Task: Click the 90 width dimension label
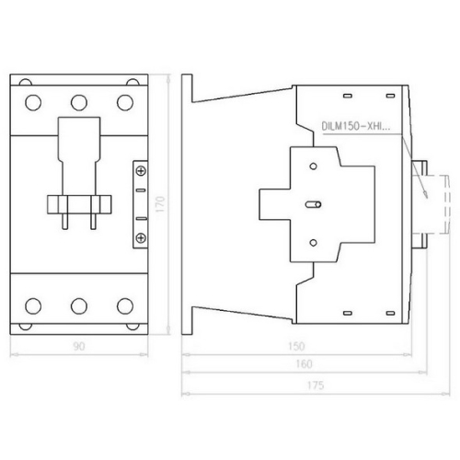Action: [79, 346]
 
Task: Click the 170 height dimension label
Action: [160, 204]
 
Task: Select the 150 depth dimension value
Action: [296, 346]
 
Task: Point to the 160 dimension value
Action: [304, 364]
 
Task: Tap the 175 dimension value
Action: [316, 385]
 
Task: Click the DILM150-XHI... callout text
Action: [356, 126]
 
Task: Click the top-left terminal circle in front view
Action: [33, 102]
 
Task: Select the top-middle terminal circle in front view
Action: [79, 102]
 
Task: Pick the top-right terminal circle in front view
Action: [125, 102]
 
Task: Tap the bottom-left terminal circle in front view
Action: [33, 305]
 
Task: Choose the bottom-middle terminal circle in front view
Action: [79, 305]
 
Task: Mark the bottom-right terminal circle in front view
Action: [125, 305]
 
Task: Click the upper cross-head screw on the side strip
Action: [141, 171]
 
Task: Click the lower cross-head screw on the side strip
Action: [141, 237]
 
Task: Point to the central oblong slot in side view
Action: [313, 204]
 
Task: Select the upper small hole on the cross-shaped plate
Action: [313, 167]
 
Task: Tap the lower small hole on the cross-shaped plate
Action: [313, 243]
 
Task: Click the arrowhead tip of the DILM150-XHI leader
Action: [427, 198]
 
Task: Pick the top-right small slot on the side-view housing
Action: [390, 96]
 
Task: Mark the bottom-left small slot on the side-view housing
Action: [347, 313]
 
